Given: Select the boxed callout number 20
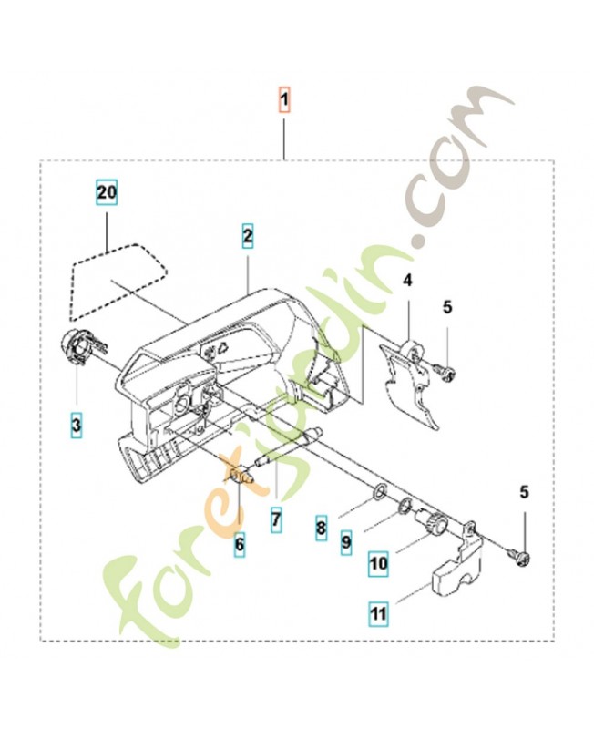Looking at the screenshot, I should [x=108, y=192].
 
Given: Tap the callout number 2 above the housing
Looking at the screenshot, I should [x=248, y=234].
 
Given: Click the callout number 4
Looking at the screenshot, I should [x=408, y=281].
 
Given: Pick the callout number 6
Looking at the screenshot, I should [x=239, y=545].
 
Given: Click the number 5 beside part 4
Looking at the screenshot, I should [x=447, y=307].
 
